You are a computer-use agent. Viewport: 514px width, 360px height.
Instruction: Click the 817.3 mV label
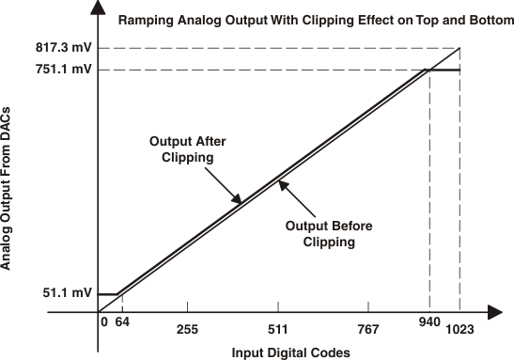pyautogui.click(x=64, y=47)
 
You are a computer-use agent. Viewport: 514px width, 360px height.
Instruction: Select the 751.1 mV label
pyautogui.click(x=64, y=69)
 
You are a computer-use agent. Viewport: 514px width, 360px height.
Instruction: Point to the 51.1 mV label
pyautogui.click(x=68, y=293)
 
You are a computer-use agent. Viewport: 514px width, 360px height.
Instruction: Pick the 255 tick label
pyautogui.click(x=188, y=330)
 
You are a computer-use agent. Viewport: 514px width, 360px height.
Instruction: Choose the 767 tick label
pyautogui.click(x=368, y=330)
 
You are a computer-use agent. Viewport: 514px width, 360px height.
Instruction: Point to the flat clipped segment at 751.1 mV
pyautogui.click(x=444, y=70)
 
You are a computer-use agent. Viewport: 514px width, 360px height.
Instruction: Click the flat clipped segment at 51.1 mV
pyautogui.click(x=109, y=294)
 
